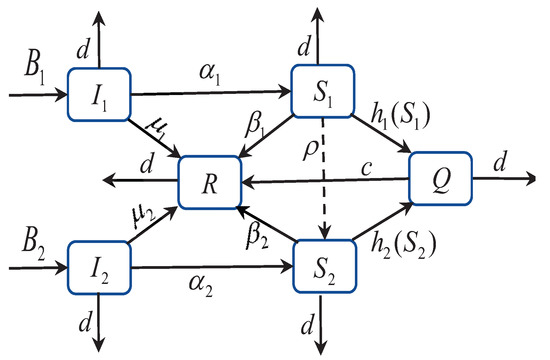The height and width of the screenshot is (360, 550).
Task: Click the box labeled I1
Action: (x=99, y=95)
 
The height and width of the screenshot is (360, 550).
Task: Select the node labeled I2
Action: (x=99, y=267)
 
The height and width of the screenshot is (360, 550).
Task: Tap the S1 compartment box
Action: (x=322, y=92)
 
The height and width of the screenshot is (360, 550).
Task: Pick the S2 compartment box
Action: (x=322, y=268)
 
